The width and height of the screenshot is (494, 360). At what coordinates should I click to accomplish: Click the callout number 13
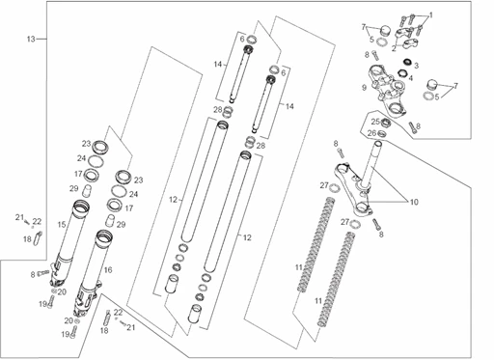coord(31,40)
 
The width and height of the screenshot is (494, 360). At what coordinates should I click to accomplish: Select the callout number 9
coord(364,88)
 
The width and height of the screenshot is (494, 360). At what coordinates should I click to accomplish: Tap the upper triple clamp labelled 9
coord(388,90)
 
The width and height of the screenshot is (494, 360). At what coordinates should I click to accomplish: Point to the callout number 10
coord(414,202)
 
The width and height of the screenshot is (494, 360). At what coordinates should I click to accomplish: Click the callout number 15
coord(62,225)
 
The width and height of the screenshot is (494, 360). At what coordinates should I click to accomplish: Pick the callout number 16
coord(108,269)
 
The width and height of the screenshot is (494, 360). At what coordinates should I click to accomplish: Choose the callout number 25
coord(375,122)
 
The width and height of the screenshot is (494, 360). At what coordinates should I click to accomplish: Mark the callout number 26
coord(372,133)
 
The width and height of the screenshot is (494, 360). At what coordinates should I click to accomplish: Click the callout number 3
coord(416,66)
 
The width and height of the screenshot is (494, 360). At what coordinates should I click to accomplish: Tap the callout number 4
coord(410,78)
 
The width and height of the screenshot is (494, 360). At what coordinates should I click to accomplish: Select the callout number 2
coord(394,49)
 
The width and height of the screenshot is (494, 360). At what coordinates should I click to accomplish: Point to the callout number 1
coord(431,15)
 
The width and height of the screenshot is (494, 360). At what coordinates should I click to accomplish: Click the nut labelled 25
coord(385,123)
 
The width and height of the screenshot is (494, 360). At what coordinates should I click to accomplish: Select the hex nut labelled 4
coord(401,73)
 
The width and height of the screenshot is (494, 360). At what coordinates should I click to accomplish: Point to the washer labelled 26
coord(382,133)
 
